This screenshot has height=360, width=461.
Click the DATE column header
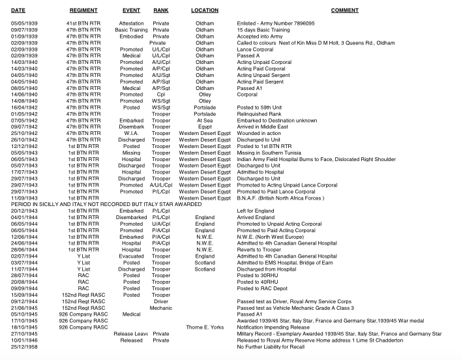coord(18,10)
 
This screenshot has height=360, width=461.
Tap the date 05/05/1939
coord(23,23)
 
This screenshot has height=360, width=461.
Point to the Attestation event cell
coord(132,23)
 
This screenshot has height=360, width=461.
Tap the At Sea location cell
coord(205,119)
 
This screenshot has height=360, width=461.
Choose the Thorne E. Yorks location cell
coord(205,327)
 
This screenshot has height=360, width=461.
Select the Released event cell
coord(132,340)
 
